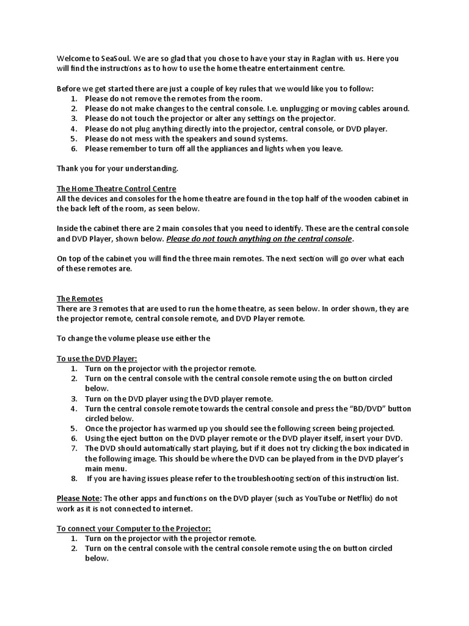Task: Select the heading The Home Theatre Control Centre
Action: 116,189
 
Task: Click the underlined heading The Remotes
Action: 80,299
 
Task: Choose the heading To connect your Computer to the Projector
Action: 134,528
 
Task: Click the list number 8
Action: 74,478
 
